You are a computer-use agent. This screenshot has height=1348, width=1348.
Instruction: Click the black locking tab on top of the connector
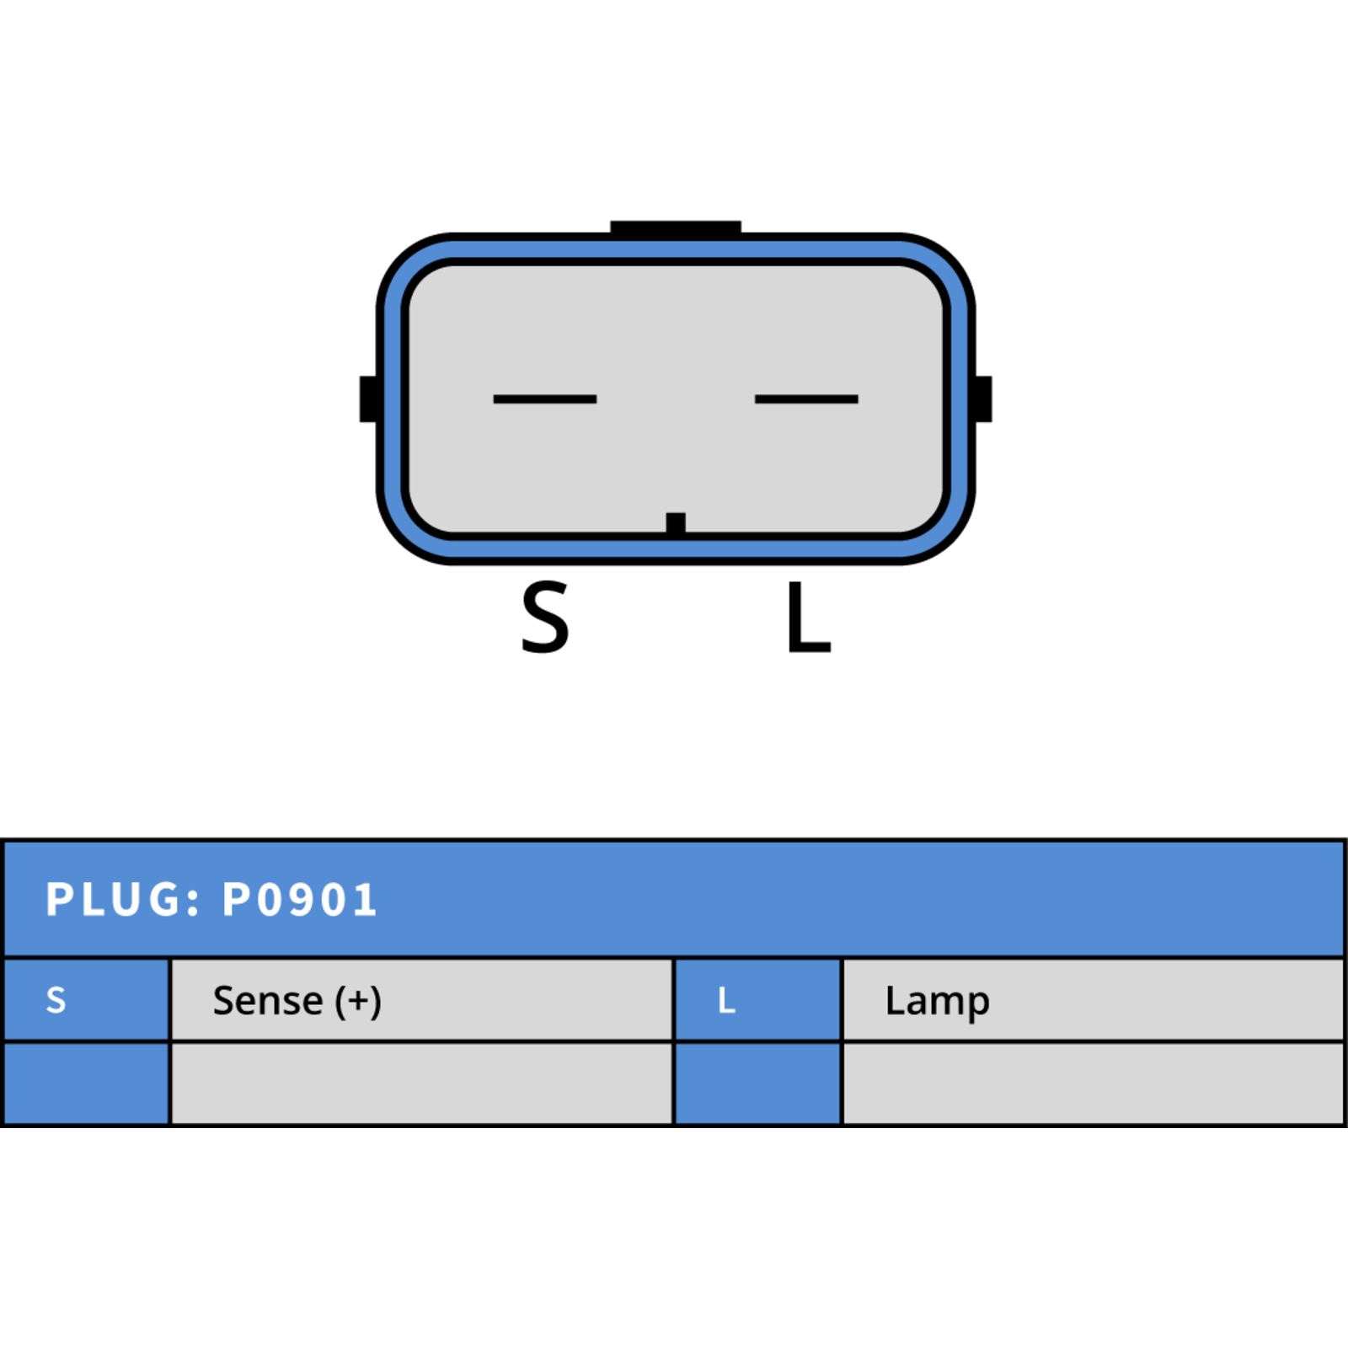[x=676, y=227]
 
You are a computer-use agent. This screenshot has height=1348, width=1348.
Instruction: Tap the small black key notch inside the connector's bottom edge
[x=676, y=523]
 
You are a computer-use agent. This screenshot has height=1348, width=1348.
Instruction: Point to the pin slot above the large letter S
[x=545, y=399]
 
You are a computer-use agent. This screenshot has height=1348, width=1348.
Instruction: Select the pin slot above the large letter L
[x=806, y=399]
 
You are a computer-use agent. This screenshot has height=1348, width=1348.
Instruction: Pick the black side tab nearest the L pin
[x=982, y=399]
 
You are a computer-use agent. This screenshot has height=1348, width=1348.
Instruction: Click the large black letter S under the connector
[x=545, y=618]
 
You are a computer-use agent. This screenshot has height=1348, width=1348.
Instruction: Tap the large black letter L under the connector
[x=809, y=618]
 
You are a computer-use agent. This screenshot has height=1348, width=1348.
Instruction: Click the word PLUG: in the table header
[x=123, y=900]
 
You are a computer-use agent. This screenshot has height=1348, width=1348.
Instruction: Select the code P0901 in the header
[x=299, y=900]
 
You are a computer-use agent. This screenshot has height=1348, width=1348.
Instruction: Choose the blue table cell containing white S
[x=87, y=1000]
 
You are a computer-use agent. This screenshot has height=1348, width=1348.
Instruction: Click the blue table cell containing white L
[x=758, y=1000]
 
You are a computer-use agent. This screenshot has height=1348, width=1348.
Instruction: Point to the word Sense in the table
[x=268, y=1001]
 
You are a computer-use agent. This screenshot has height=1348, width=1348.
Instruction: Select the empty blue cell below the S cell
[x=87, y=1083]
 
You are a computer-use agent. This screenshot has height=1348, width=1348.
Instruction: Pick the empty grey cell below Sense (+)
[x=422, y=1083]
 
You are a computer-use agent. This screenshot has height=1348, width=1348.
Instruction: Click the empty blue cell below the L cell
[x=758, y=1083]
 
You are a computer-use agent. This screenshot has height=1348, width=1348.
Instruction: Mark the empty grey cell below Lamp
[x=1093, y=1083]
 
